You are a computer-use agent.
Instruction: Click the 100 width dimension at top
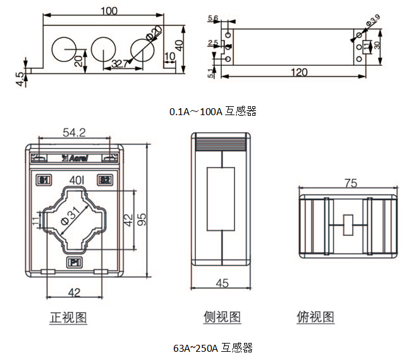point(109,11)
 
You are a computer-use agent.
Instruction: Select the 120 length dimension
point(298,72)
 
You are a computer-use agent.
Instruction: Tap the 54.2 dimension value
point(74,132)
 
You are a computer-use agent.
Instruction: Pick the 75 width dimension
point(350,183)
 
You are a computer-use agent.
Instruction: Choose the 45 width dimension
point(221,283)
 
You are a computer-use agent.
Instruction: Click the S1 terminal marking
point(45,180)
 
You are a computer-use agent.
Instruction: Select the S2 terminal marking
point(104,180)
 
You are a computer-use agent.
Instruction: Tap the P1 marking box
point(74,262)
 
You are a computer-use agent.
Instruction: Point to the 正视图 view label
point(68,317)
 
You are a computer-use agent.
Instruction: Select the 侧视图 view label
point(222,317)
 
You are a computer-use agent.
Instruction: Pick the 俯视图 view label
point(315,317)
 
